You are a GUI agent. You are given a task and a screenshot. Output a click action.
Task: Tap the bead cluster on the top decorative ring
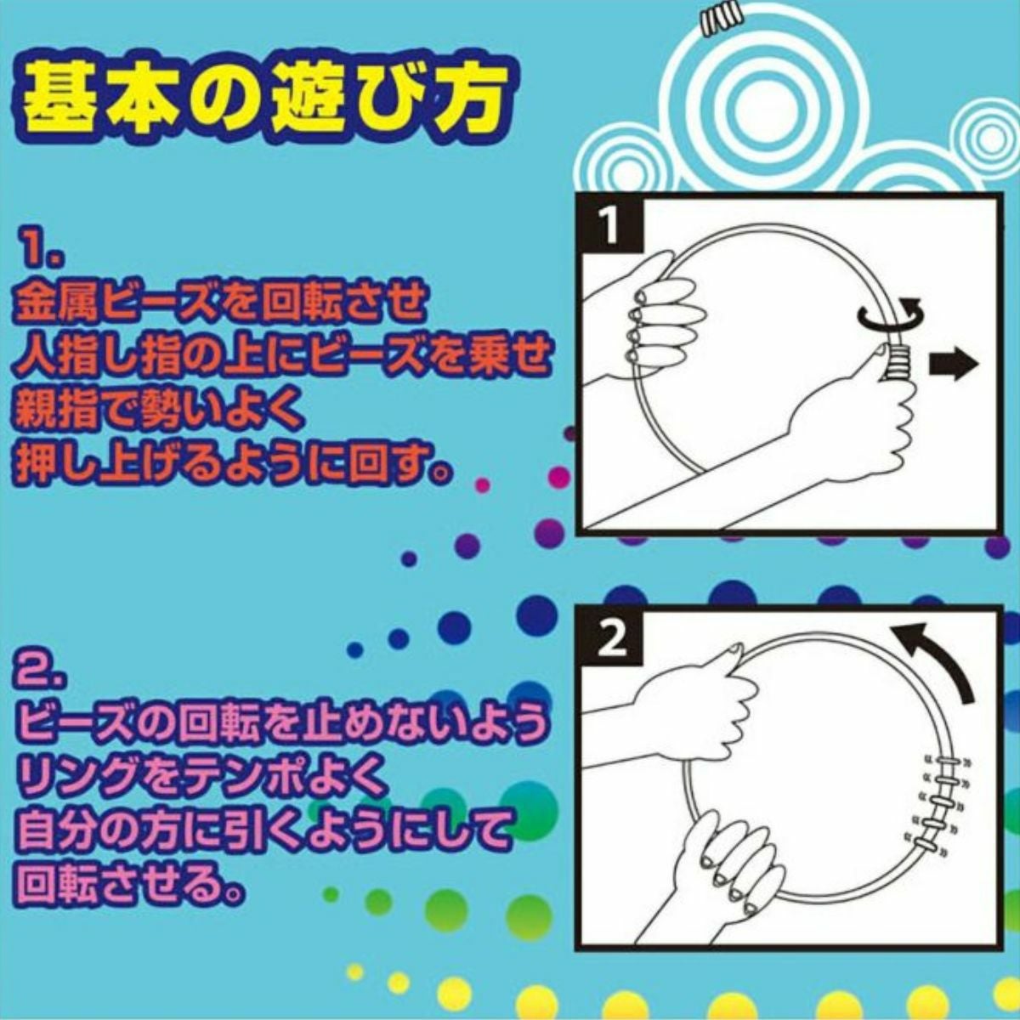[x=721, y=22]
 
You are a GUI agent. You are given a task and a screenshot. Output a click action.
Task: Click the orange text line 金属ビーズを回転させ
[x=218, y=306]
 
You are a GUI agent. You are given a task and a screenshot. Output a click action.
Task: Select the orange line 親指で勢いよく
[x=159, y=411]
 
